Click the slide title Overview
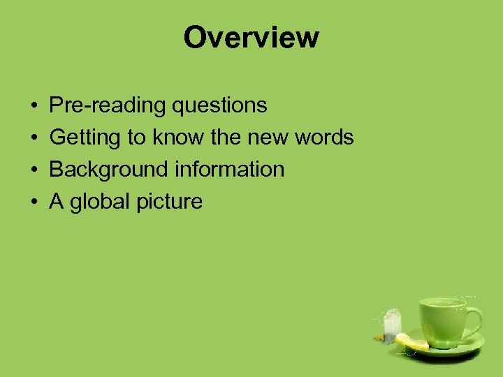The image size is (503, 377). click(251, 37)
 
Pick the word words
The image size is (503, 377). click(325, 138)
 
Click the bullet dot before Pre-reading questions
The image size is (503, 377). click(34, 106)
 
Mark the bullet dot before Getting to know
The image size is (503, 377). click(34, 138)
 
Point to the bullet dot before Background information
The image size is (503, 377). click(34, 170)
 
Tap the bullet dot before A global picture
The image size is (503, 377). click(34, 202)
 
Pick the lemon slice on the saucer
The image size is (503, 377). click(411, 341)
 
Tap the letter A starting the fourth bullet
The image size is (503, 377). click(57, 202)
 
